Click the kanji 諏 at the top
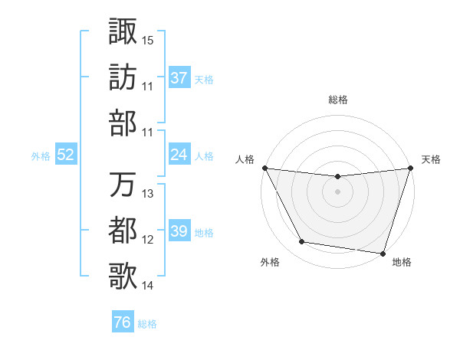(123, 31)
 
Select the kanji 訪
(123, 77)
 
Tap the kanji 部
(123, 123)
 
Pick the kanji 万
(123, 185)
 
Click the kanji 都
(123, 231)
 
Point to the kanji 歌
(123, 277)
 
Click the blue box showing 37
(179, 78)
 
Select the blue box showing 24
(179, 155)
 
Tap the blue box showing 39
(179, 231)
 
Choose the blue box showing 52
(66, 155)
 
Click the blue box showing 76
(122, 322)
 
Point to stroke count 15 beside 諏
(148, 39)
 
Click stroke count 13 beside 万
(148, 193)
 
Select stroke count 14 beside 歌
(148, 285)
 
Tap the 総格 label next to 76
(147, 324)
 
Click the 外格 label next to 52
(41, 155)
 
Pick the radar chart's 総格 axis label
(338, 100)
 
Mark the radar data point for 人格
(264, 168)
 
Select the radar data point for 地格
(383, 253)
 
